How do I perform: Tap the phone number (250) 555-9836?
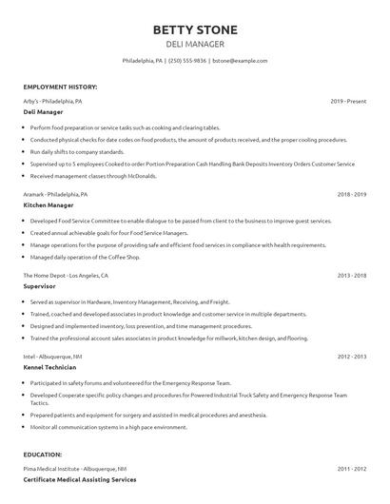[x=186, y=60]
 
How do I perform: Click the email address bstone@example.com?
[x=241, y=60]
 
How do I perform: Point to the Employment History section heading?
[x=60, y=87]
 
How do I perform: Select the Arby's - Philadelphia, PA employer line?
[x=52, y=100]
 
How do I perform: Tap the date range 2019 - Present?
[x=348, y=100]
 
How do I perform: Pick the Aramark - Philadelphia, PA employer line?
[x=55, y=193]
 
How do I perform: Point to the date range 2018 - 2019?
[x=351, y=193]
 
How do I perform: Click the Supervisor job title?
[x=40, y=285]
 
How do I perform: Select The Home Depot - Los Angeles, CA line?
[x=66, y=275]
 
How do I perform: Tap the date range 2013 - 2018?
[x=351, y=275]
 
